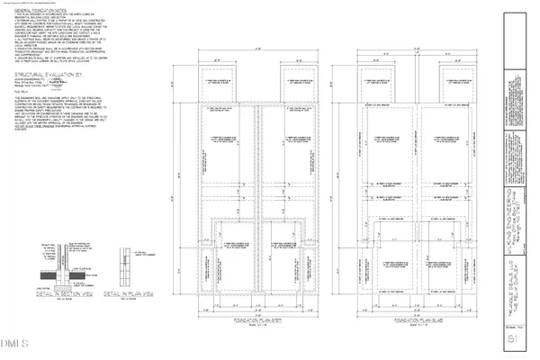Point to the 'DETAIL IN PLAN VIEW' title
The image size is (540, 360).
pos(126,294)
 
